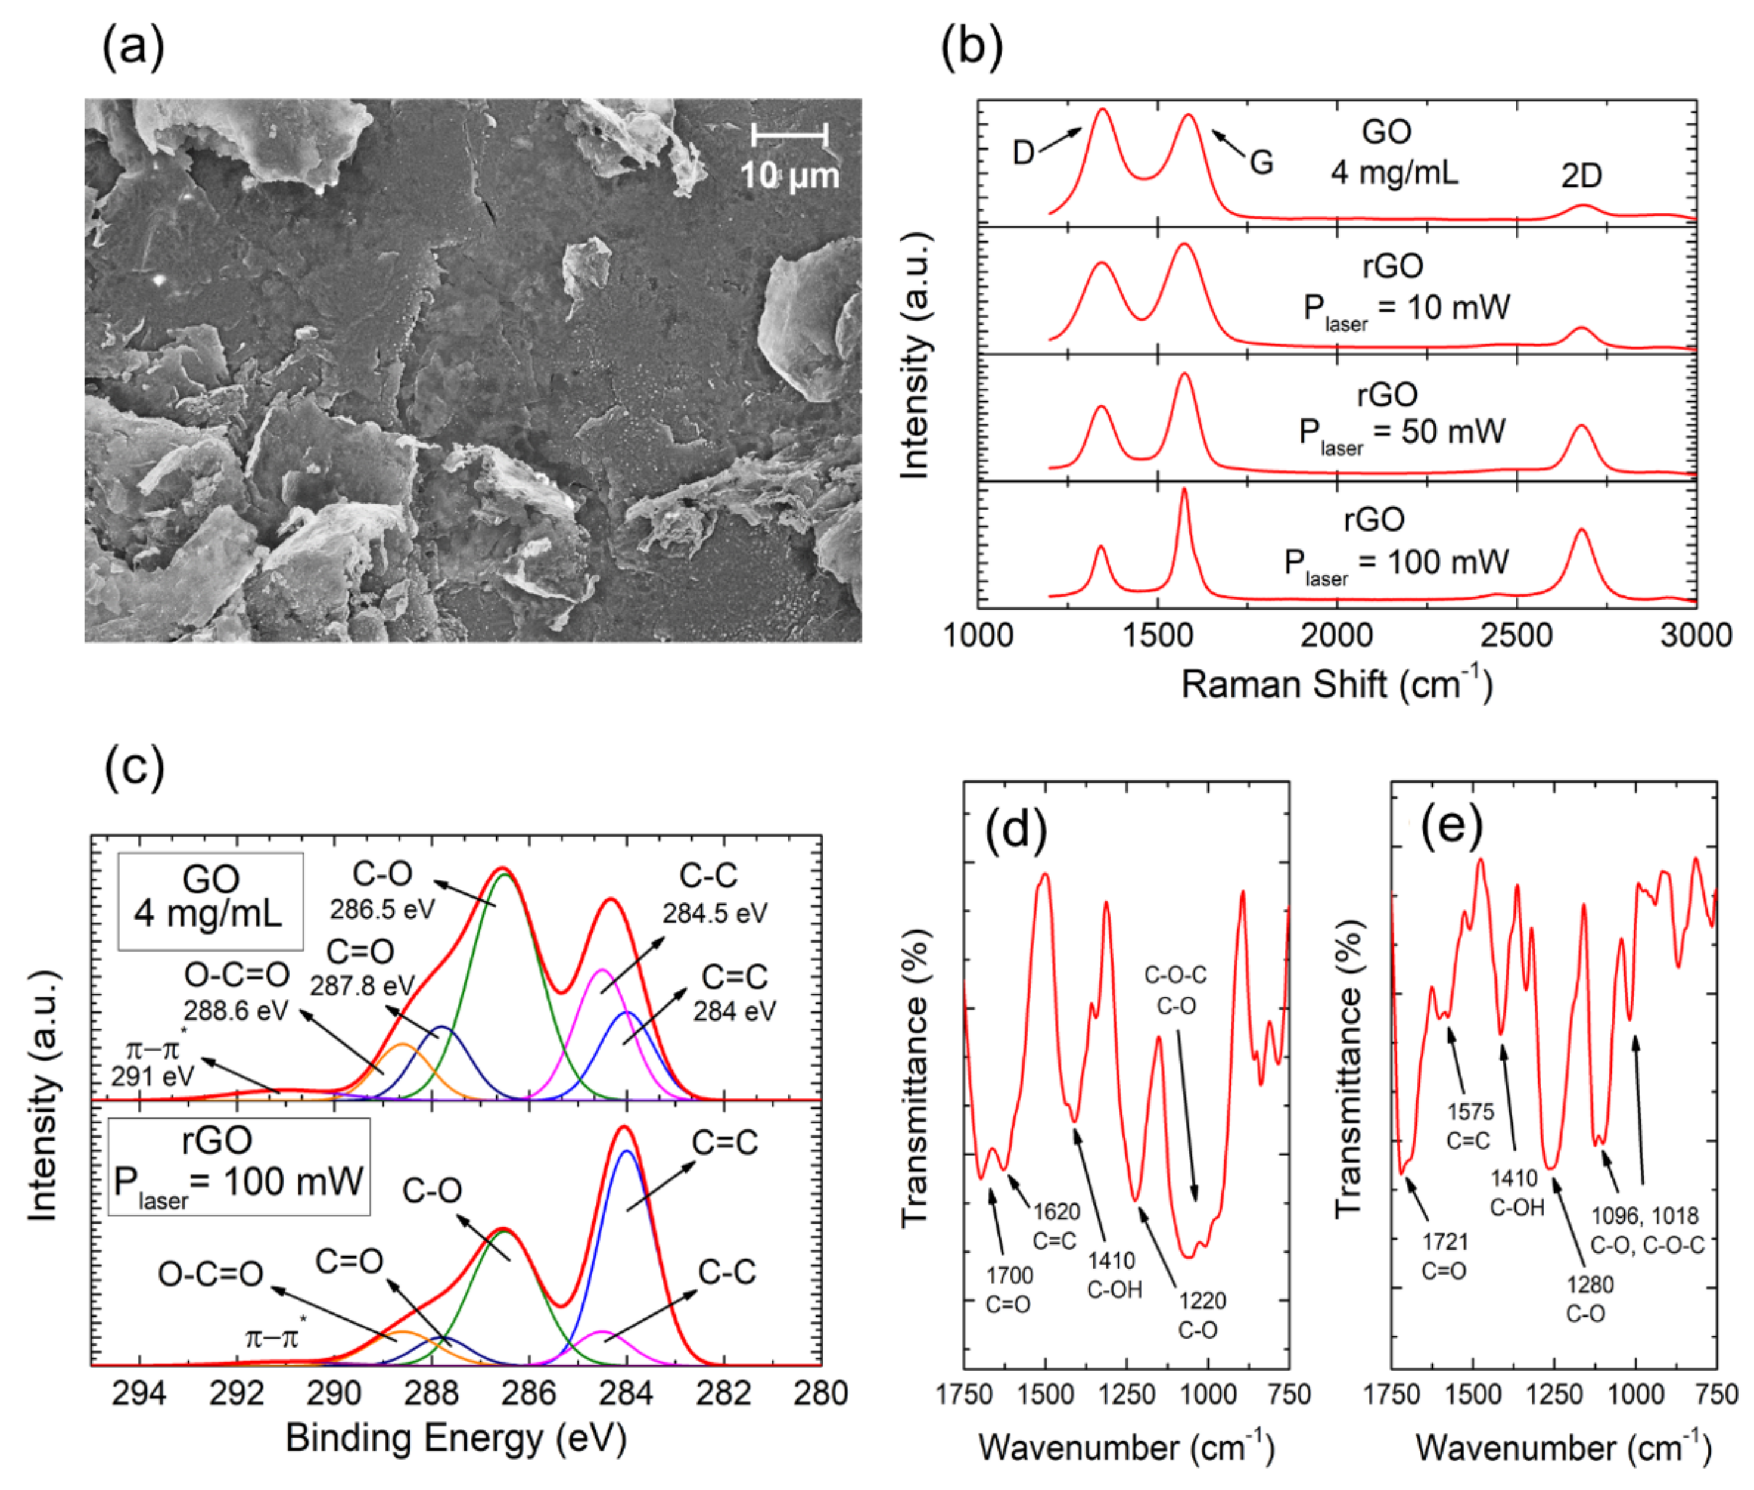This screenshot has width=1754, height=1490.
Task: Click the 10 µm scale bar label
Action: (x=789, y=176)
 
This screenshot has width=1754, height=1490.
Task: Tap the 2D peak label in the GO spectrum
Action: (x=1581, y=176)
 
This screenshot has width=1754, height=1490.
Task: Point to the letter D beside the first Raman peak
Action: (x=1023, y=154)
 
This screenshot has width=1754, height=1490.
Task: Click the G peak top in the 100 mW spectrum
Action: (x=1183, y=490)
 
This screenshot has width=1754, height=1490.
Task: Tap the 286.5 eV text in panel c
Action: (x=382, y=909)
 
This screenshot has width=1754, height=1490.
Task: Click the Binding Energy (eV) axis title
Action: (x=456, y=1437)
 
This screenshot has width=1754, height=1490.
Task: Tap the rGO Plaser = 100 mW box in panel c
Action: (x=238, y=1166)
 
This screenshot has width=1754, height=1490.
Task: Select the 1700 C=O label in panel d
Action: (x=1008, y=1289)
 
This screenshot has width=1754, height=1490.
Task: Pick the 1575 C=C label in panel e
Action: (x=1470, y=1126)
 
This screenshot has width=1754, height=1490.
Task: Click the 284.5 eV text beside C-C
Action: (x=714, y=913)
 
